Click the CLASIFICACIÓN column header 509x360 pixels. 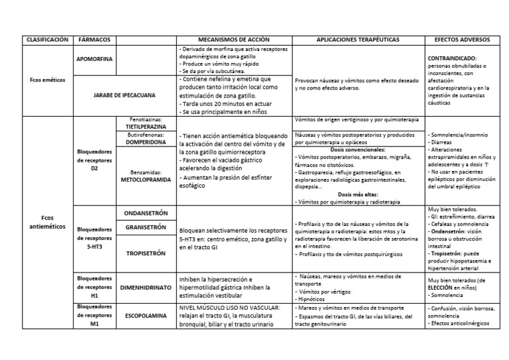[47, 40]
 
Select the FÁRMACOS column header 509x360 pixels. [93, 40]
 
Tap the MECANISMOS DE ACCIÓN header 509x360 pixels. [233, 40]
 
